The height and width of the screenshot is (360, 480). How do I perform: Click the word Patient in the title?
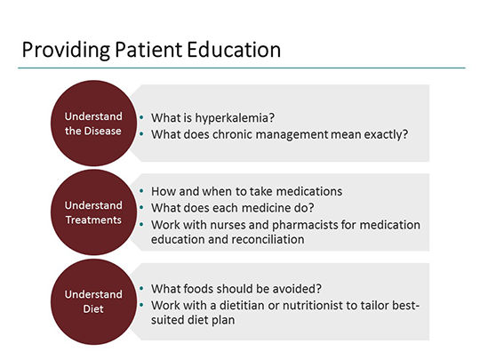click(148, 50)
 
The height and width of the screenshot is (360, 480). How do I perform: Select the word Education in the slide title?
click(234, 50)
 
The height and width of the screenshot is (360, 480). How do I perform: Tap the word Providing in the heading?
click(66, 50)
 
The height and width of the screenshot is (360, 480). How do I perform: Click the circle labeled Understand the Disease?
click(93, 123)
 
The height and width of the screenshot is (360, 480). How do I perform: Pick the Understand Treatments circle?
click(93, 212)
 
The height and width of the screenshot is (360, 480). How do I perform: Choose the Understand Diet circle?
click(93, 301)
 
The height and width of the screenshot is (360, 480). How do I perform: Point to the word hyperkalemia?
click(235, 118)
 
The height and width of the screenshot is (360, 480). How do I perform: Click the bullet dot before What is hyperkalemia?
click(141, 117)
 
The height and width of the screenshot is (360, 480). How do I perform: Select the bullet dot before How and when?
click(141, 191)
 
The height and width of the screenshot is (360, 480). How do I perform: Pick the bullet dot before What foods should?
click(141, 288)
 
